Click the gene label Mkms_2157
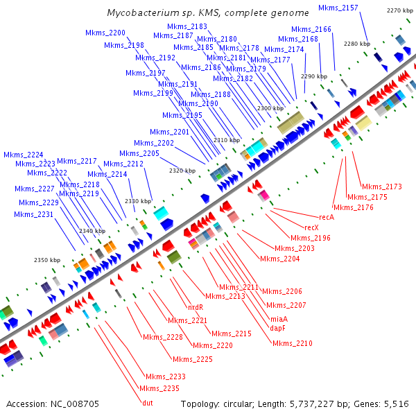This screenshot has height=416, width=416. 338,8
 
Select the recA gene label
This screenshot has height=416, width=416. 327,217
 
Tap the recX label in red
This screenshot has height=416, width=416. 312,227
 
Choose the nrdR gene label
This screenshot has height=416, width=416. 196,306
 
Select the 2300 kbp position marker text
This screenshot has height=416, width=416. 270,108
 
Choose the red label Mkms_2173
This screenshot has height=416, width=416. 381,187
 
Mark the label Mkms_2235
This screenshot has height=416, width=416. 159,388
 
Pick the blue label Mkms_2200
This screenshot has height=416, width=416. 105,33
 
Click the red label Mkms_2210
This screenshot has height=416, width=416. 292,343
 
